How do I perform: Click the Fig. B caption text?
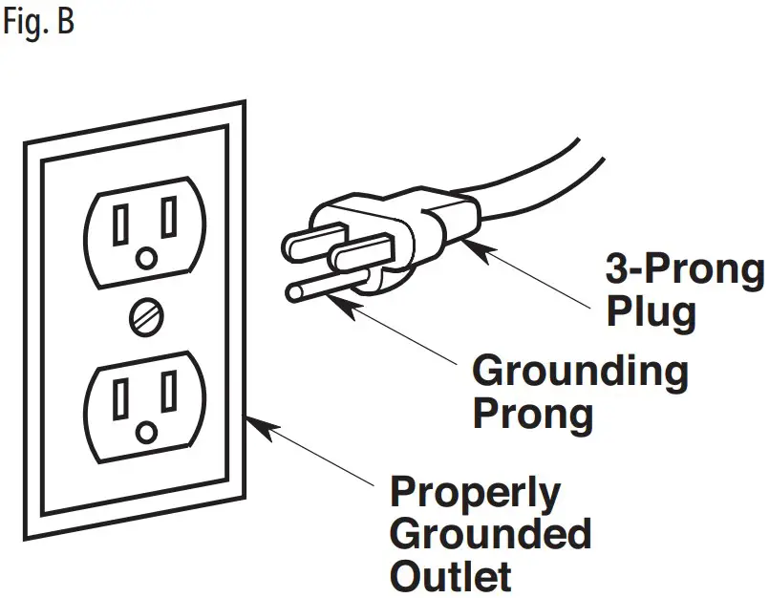37,21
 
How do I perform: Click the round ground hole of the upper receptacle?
146,258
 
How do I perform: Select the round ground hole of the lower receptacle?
146,432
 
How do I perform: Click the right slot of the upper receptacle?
169,219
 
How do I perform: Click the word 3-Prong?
686,270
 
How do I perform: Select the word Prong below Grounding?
532,415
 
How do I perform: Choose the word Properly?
475,493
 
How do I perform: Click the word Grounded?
490,534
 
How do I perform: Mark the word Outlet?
450,575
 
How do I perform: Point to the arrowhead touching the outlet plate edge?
253,420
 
